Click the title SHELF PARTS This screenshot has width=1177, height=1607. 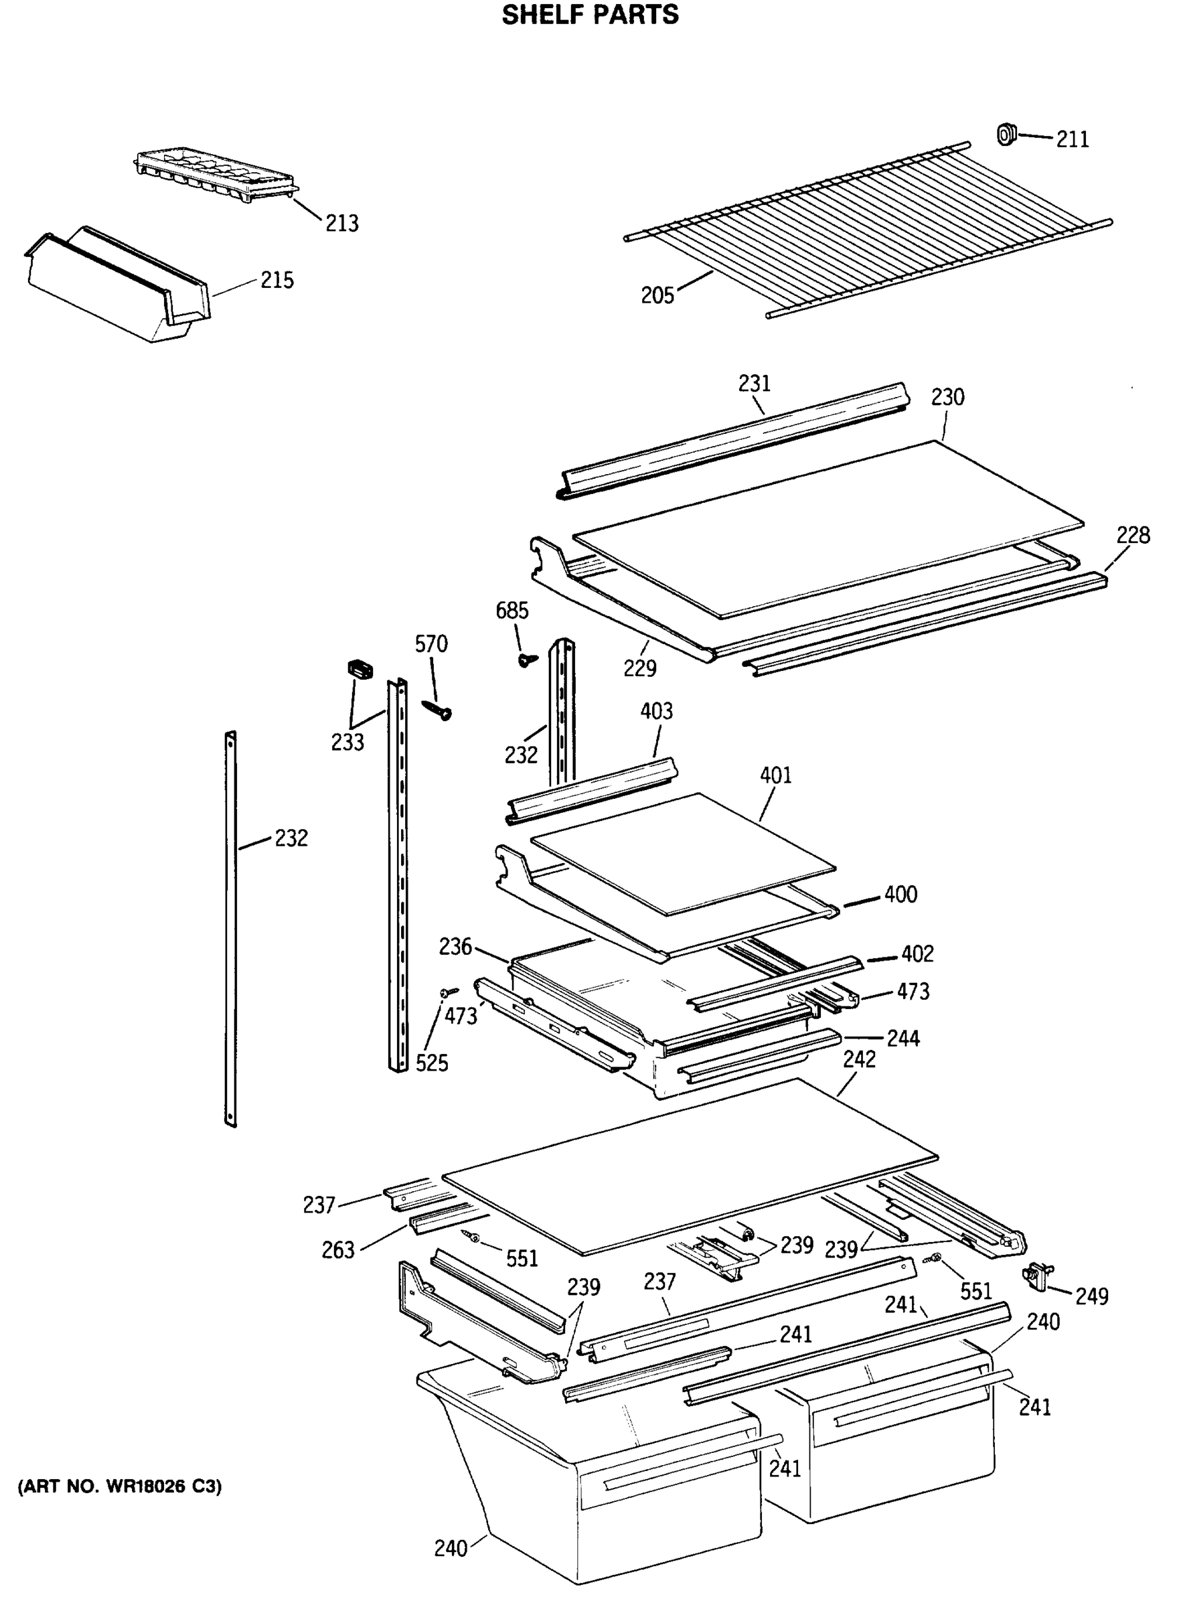point(590,15)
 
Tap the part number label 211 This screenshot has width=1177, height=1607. point(1073,139)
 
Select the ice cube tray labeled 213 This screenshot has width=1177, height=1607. point(214,174)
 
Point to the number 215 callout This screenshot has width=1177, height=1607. point(277,280)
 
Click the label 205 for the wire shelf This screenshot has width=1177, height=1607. point(657,295)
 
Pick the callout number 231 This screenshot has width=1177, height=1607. point(754,384)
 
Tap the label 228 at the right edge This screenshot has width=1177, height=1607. point(1133,534)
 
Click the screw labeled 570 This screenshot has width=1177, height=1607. point(435,709)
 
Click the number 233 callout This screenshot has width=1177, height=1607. point(347,743)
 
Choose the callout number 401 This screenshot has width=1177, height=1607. point(776,775)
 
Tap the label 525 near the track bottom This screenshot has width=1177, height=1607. point(432,1063)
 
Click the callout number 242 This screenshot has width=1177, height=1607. point(859,1060)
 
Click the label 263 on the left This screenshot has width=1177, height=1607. point(337,1250)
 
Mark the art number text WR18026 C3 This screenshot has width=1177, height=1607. point(120,1486)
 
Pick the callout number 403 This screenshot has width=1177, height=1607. point(656,710)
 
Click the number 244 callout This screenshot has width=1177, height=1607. point(903,1039)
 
